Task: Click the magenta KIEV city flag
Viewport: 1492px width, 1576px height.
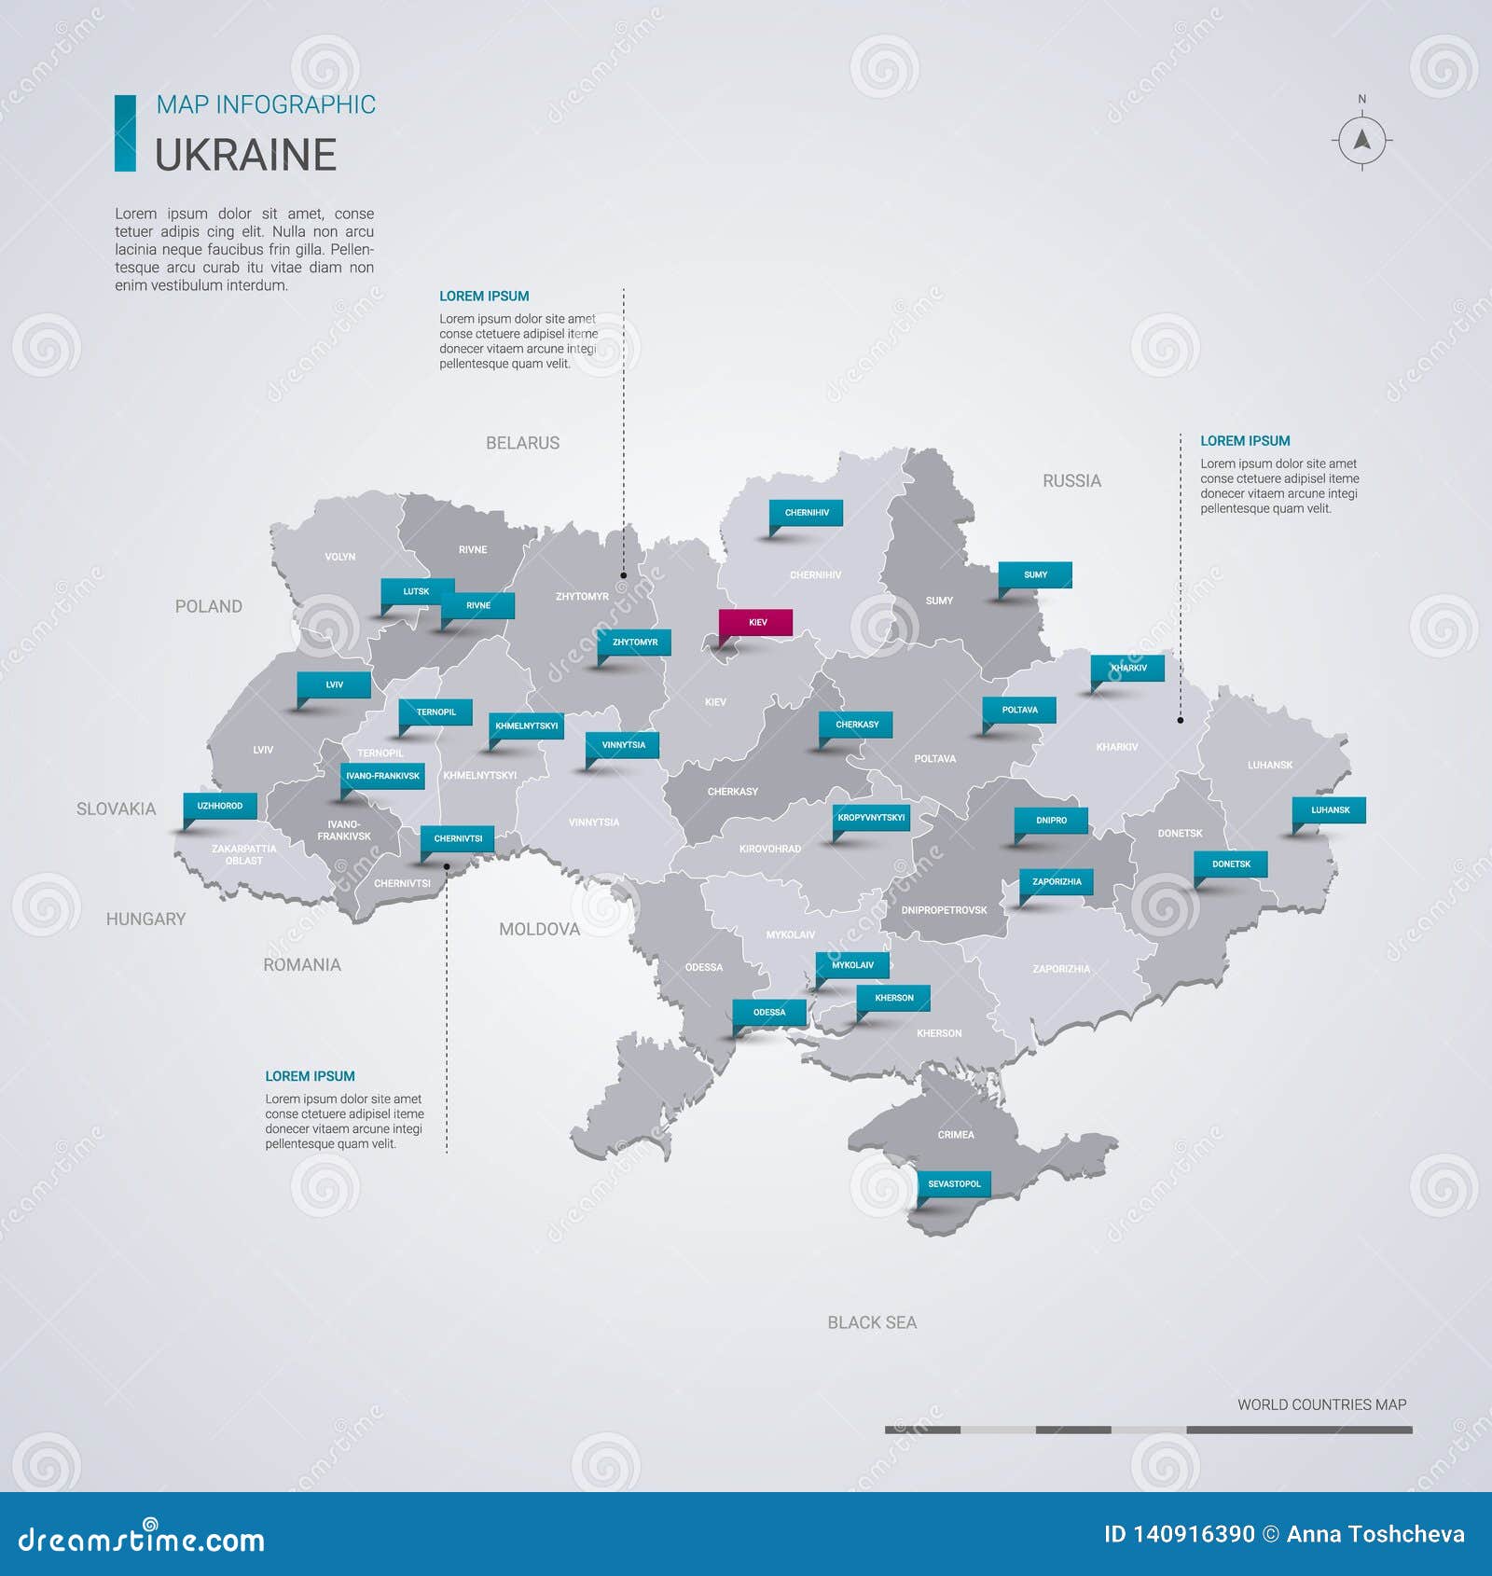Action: click(755, 622)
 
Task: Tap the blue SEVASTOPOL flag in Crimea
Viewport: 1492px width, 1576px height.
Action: click(954, 1183)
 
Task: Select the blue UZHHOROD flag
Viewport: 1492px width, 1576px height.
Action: click(220, 806)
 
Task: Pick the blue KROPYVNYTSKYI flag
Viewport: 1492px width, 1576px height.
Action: click(871, 818)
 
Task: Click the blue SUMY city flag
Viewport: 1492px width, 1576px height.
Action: click(1035, 574)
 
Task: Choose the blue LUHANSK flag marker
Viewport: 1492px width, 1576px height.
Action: click(1330, 809)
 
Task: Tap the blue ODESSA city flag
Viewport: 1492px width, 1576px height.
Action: click(769, 1012)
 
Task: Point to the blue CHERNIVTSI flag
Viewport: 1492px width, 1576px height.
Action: click(458, 838)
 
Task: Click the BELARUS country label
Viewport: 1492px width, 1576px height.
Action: click(522, 443)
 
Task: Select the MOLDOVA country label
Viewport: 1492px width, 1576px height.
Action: click(539, 929)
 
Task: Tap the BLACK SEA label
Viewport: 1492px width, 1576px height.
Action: click(872, 1322)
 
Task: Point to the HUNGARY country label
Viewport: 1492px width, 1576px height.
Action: click(145, 919)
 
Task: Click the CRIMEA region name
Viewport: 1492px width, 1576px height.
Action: click(956, 1135)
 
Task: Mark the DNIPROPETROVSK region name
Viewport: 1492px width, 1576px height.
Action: click(944, 910)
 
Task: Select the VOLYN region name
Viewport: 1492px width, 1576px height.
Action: click(339, 557)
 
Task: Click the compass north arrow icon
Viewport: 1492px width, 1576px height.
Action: click(1361, 141)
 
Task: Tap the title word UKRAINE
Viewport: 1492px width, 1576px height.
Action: click(245, 155)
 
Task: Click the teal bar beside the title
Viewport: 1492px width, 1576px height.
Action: click(125, 132)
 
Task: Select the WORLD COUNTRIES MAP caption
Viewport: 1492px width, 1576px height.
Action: click(1321, 1404)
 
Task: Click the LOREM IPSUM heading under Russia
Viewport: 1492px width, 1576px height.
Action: click(1245, 441)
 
